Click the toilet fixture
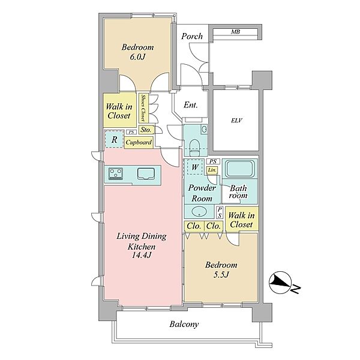click(x=195, y=147)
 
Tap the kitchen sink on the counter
click(x=146, y=173)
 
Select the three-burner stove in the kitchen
click(x=115, y=174)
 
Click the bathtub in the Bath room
click(x=239, y=169)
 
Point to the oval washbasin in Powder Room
click(x=199, y=211)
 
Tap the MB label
click(x=236, y=32)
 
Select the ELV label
click(x=237, y=121)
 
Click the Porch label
click(x=192, y=36)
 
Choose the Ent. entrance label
click(x=191, y=105)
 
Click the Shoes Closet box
click(x=143, y=107)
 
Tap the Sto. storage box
click(x=146, y=130)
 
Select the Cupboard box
click(x=139, y=142)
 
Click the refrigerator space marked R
click(x=114, y=139)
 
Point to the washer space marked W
click(x=194, y=167)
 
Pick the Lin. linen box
click(x=212, y=170)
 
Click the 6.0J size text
click(x=137, y=57)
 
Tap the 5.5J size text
click(x=221, y=275)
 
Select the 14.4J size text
click(x=142, y=255)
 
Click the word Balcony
click(x=184, y=324)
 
